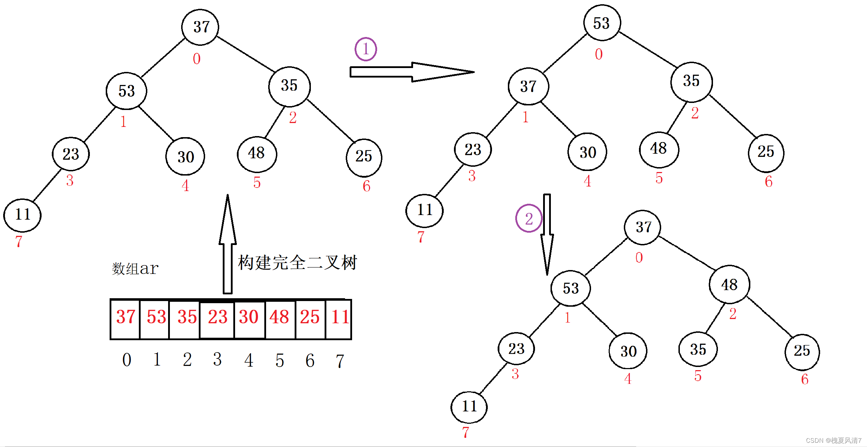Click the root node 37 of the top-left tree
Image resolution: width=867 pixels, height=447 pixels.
(x=200, y=27)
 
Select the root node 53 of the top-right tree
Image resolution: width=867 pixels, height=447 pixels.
(x=602, y=23)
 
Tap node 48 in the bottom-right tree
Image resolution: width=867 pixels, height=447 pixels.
(x=729, y=284)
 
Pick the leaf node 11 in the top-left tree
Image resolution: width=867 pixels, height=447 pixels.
(x=23, y=215)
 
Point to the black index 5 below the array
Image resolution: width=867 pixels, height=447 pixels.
(x=279, y=360)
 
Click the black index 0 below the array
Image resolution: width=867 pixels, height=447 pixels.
(x=127, y=360)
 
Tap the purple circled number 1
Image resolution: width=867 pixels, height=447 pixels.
(x=365, y=49)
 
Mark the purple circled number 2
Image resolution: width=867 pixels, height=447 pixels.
(x=529, y=219)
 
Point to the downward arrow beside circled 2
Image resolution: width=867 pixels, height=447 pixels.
(x=547, y=234)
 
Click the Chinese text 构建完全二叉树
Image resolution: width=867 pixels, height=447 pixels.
(x=297, y=263)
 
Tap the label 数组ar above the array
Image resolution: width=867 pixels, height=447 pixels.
(x=135, y=269)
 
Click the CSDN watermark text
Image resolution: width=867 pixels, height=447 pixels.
(x=833, y=441)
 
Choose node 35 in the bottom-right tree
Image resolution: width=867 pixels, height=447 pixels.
(x=698, y=349)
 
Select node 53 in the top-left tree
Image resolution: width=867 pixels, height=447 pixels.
(x=127, y=91)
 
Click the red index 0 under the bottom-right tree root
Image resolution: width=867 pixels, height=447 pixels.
(x=639, y=258)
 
